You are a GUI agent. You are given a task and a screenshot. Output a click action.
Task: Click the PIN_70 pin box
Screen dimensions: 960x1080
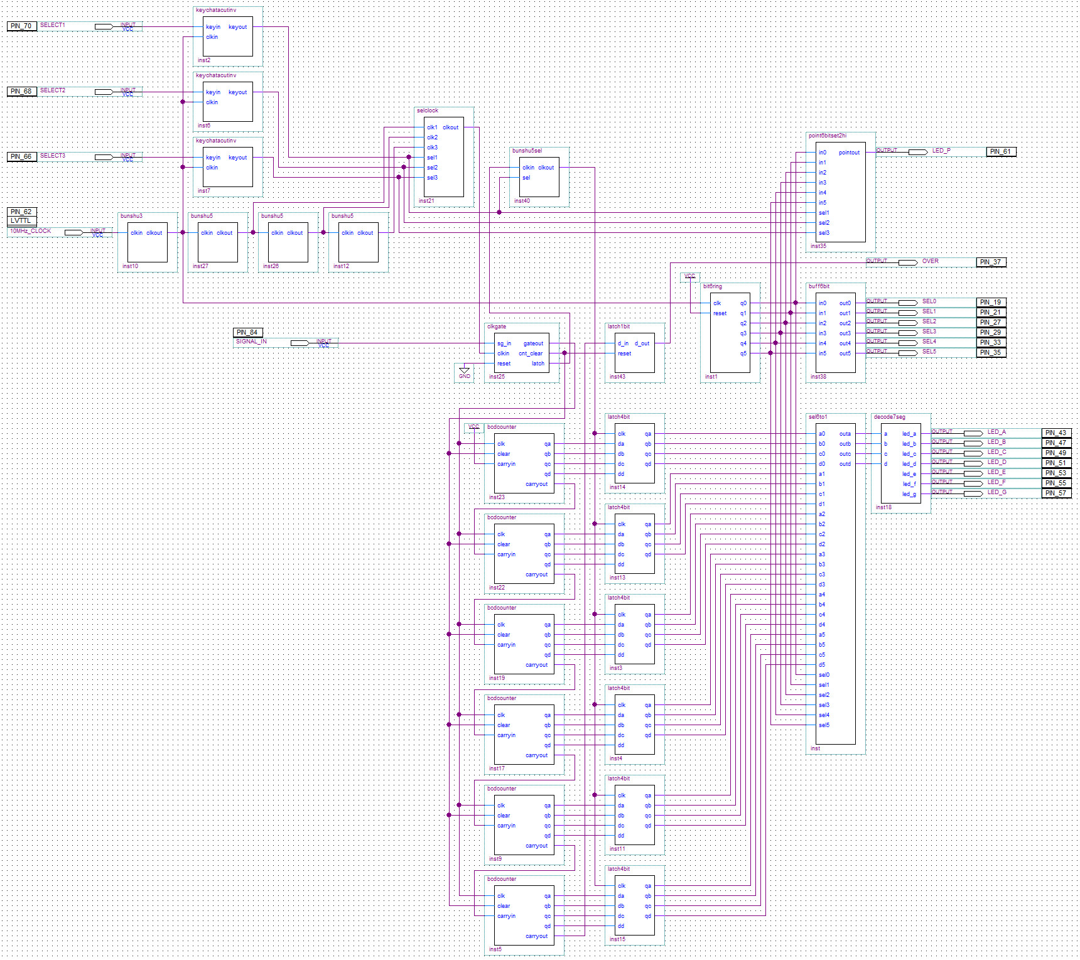(x=21, y=26)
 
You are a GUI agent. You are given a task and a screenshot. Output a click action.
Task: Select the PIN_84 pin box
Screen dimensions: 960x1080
(x=247, y=332)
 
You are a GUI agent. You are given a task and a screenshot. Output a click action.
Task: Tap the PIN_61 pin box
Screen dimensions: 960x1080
(x=1000, y=151)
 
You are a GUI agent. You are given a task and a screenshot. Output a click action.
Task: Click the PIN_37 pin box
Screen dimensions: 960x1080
(x=991, y=262)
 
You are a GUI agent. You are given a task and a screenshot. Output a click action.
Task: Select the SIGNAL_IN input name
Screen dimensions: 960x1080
(x=251, y=342)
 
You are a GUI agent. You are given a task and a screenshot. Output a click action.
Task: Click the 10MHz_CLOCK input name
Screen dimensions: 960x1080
(x=31, y=231)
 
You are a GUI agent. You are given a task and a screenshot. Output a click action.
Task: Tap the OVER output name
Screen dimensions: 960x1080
(x=930, y=261)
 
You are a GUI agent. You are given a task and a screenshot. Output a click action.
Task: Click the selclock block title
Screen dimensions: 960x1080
(x=428, y=111)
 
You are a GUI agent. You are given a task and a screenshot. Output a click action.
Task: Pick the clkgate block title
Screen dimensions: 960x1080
(x=496, y=326)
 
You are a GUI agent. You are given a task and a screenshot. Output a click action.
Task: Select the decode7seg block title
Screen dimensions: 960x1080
(x=889, y=417)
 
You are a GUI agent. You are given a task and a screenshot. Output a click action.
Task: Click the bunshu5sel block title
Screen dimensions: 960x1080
(x=527, y=151)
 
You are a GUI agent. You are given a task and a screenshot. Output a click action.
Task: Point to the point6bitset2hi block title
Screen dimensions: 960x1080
(x=827, y=136)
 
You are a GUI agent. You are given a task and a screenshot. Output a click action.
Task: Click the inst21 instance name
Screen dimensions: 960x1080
(x=426, y=201)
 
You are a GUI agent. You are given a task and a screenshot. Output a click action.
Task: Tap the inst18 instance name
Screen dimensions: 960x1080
(x=883, y=507)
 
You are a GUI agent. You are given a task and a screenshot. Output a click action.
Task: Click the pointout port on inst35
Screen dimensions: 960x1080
(x=849, y=153)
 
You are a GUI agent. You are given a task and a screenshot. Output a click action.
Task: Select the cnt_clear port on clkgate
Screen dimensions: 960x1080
(x=531, y=353)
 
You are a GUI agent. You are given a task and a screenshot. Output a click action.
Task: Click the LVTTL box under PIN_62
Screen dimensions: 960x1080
(x=21, y=221)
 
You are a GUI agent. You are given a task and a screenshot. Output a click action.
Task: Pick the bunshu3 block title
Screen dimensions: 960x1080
(x=131, y=216)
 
